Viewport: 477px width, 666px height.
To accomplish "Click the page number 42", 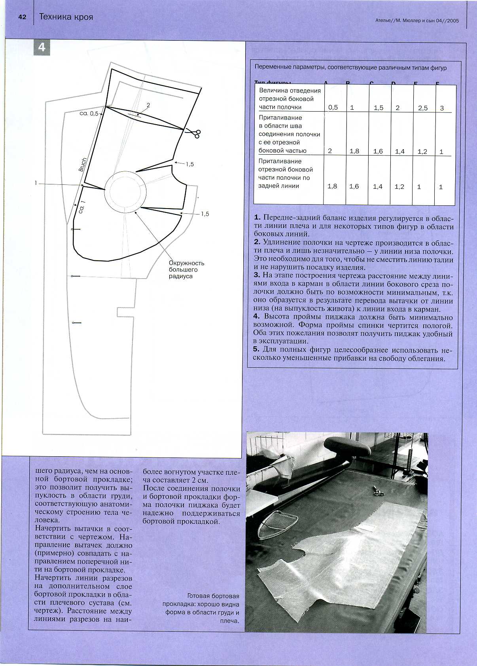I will [x=22, y=17].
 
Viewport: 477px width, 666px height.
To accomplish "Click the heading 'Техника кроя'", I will [x=66, y=17].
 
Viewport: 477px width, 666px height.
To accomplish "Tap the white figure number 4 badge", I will [x=42, y=47].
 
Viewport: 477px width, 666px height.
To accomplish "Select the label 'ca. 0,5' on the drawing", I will [x=89, y=114].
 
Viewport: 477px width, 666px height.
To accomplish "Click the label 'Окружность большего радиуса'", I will [x=186, y=269].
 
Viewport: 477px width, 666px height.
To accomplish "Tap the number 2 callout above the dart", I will [x=148, y=105].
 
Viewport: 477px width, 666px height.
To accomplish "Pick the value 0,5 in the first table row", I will [x=333, y=107].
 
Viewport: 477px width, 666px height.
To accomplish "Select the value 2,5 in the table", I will [x=423, y=108].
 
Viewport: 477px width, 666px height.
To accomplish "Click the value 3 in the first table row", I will [x=442, y=108].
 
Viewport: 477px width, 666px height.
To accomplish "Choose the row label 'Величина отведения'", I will [x=290, y=90].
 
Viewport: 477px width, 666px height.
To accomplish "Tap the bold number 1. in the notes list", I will [x=257, y=218].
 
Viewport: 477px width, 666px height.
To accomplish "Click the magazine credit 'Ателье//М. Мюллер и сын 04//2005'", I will [x=416, y=21].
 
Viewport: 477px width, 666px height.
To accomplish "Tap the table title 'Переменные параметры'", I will [x=350, y=68].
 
